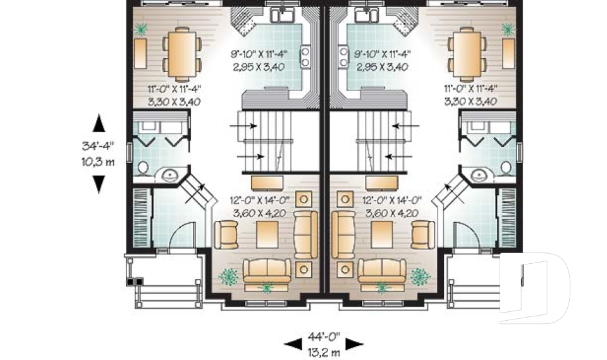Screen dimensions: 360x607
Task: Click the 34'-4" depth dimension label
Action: click(x=99, y=146)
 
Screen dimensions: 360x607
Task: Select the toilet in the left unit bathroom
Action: click(x=143, y=168)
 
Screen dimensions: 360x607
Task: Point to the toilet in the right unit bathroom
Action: click(x=506, y=168)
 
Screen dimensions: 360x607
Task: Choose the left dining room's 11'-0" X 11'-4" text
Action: click(x=166, y=89)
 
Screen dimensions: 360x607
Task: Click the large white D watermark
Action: click(x=537, y=288)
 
